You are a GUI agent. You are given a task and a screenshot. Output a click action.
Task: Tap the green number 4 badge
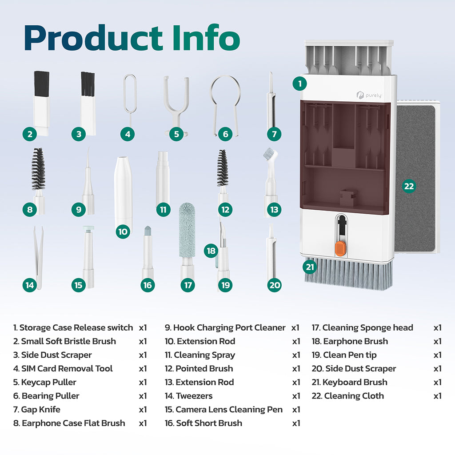[x=128, y=134]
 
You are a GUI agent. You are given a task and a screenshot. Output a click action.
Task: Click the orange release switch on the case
[x=341, y=249]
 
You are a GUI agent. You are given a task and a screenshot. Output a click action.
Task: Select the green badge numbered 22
[x=409, y=186]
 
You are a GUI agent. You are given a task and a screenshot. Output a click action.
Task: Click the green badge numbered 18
[x=212, y=251]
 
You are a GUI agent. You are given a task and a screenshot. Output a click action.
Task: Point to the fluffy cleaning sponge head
[x=187, y=231]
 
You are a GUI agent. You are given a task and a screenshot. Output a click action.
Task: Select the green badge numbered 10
[x=123, y=231]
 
